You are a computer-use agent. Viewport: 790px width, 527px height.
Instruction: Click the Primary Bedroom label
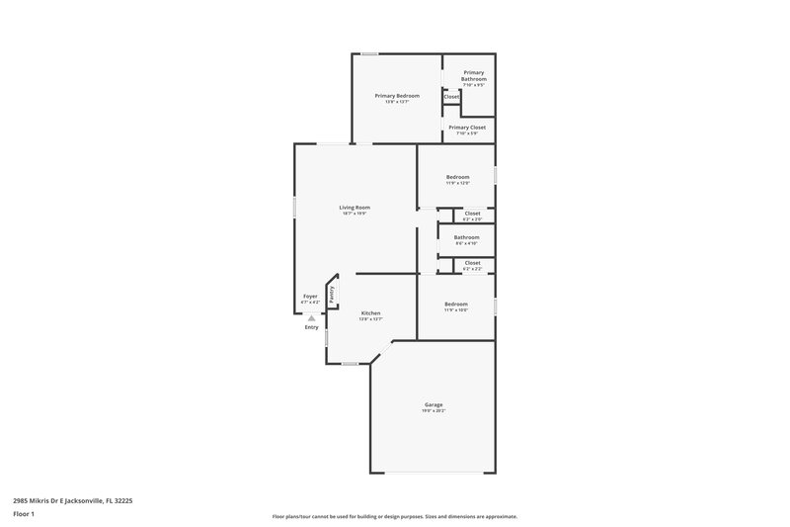tap(397, 95)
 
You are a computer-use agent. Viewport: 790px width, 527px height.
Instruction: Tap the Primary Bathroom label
tap(474, 75)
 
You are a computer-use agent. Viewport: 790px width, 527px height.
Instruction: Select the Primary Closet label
tap(467, 127)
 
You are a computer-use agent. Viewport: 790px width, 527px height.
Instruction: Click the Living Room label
tap(355, 207)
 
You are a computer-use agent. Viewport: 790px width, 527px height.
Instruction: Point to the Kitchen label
tap(370, 312)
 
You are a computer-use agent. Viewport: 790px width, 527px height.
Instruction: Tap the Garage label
tap(434, 404)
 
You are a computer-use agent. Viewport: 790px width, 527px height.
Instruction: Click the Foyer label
tap(310, 296)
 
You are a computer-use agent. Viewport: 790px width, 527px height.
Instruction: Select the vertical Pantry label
tap(333, 293)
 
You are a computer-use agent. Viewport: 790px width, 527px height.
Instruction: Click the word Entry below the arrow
tap(311, 327)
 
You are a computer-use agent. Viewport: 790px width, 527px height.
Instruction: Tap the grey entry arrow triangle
tap(311, 317)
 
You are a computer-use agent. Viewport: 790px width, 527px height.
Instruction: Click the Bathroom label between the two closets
tap(467, 236)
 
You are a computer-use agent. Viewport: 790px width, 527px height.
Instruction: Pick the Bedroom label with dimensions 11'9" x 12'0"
tap(457, 177)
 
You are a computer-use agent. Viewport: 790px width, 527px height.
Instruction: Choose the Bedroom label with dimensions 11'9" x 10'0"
tap(456, 304)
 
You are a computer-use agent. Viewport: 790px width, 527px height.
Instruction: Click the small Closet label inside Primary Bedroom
tap(451, 97)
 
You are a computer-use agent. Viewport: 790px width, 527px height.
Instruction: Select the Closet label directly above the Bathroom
tap(472, 213)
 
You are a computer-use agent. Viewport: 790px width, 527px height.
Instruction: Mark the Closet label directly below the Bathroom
tap(472, 262)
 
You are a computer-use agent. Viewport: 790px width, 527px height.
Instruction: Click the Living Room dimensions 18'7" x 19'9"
tap(355, 214)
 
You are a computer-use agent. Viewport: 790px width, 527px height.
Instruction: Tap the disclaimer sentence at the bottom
tap(394, 516)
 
